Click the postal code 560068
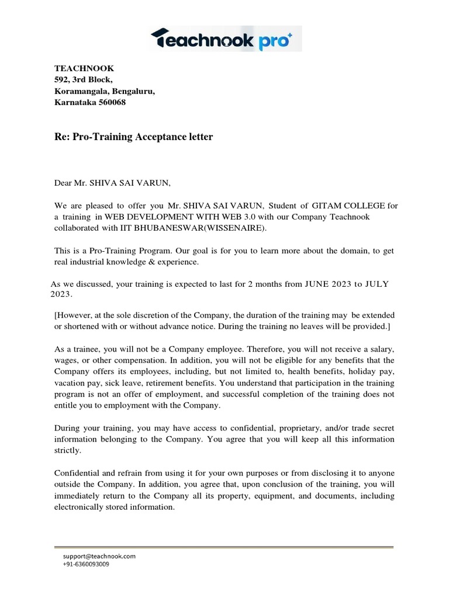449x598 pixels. tap(109, 103)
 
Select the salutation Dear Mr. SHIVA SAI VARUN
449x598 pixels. tap(112, 183)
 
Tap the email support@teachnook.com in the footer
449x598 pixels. tap(99, 557)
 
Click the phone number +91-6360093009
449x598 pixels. tap(85, 564)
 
